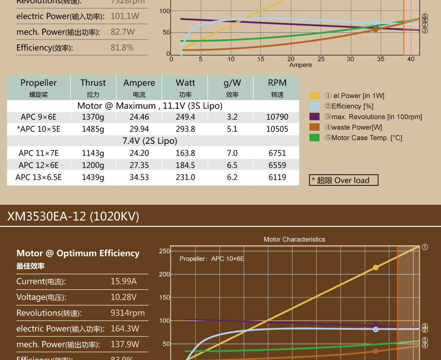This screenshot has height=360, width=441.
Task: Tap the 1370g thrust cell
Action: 93,117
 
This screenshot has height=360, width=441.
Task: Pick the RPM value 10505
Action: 278,129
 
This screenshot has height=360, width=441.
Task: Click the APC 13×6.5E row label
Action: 38,177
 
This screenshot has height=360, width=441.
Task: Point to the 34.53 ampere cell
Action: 139,177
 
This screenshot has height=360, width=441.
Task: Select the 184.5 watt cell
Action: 185,165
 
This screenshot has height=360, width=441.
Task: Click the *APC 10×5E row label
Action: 38,129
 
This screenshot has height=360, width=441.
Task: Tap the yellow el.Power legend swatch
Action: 315,96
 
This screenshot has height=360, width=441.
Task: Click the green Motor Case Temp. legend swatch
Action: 315,138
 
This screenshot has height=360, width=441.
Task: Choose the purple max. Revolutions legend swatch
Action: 315,117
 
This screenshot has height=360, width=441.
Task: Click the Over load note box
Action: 344,180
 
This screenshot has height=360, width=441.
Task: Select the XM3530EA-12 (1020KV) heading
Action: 73,216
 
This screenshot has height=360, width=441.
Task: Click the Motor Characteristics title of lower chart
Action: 294,240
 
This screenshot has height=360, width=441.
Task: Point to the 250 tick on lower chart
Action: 164,251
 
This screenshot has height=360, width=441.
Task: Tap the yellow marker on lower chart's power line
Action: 376,267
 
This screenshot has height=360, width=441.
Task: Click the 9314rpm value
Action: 128,313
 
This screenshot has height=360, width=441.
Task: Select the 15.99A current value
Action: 124,281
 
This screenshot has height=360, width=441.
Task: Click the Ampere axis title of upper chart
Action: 300,65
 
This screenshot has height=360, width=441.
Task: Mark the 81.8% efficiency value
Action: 122,47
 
